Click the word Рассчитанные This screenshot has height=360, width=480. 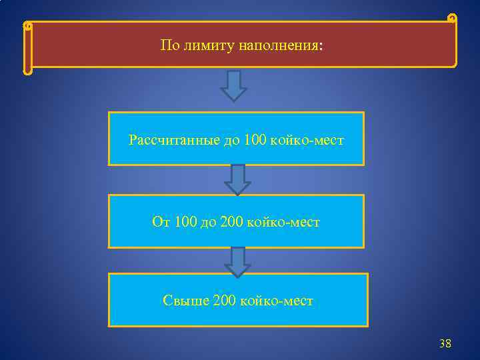(x=171, y=141)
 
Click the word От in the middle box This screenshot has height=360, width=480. (x=161, y=221)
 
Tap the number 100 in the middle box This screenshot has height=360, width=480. (x=185, y=221)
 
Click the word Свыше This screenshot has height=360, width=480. (x=185, y=301)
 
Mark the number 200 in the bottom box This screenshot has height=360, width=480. (x=223, y=301)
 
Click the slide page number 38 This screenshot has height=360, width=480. (x=445, y=344)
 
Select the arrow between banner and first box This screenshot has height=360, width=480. (x=234, y=85)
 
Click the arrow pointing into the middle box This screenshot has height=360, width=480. (x=237, y=179)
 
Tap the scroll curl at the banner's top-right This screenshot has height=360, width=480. (x=452, y=18)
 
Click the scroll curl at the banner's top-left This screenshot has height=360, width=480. (x=27, y=27)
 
